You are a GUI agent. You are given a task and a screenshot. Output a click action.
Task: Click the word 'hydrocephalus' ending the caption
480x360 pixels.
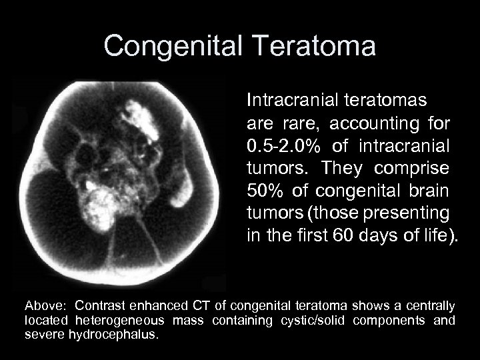[113, 334]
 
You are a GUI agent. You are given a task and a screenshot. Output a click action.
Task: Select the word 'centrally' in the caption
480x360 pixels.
[432, 306]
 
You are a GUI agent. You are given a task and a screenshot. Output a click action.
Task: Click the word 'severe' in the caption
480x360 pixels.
[45, 334]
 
